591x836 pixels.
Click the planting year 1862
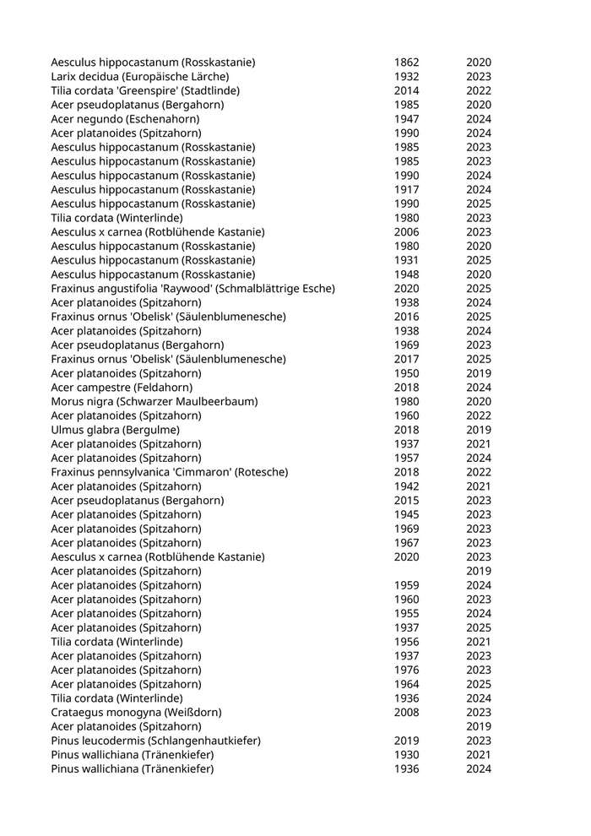406,62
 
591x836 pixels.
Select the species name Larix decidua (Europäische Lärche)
139,77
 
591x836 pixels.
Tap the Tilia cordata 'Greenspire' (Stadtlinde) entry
145,90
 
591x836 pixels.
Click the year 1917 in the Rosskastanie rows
406,190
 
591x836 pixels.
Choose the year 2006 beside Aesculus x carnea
406,232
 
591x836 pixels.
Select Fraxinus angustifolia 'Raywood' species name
192,289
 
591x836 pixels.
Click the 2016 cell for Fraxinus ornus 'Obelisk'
406,317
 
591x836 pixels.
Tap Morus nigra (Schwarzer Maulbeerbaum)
155,402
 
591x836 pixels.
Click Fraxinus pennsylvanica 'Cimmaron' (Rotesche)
169,472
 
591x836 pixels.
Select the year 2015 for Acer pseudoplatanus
406,501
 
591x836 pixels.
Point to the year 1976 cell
406,670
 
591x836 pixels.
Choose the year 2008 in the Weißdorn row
406,713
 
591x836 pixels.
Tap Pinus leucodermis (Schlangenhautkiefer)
155,741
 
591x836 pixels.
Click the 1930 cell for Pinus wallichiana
406,755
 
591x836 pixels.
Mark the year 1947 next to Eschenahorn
406,119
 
